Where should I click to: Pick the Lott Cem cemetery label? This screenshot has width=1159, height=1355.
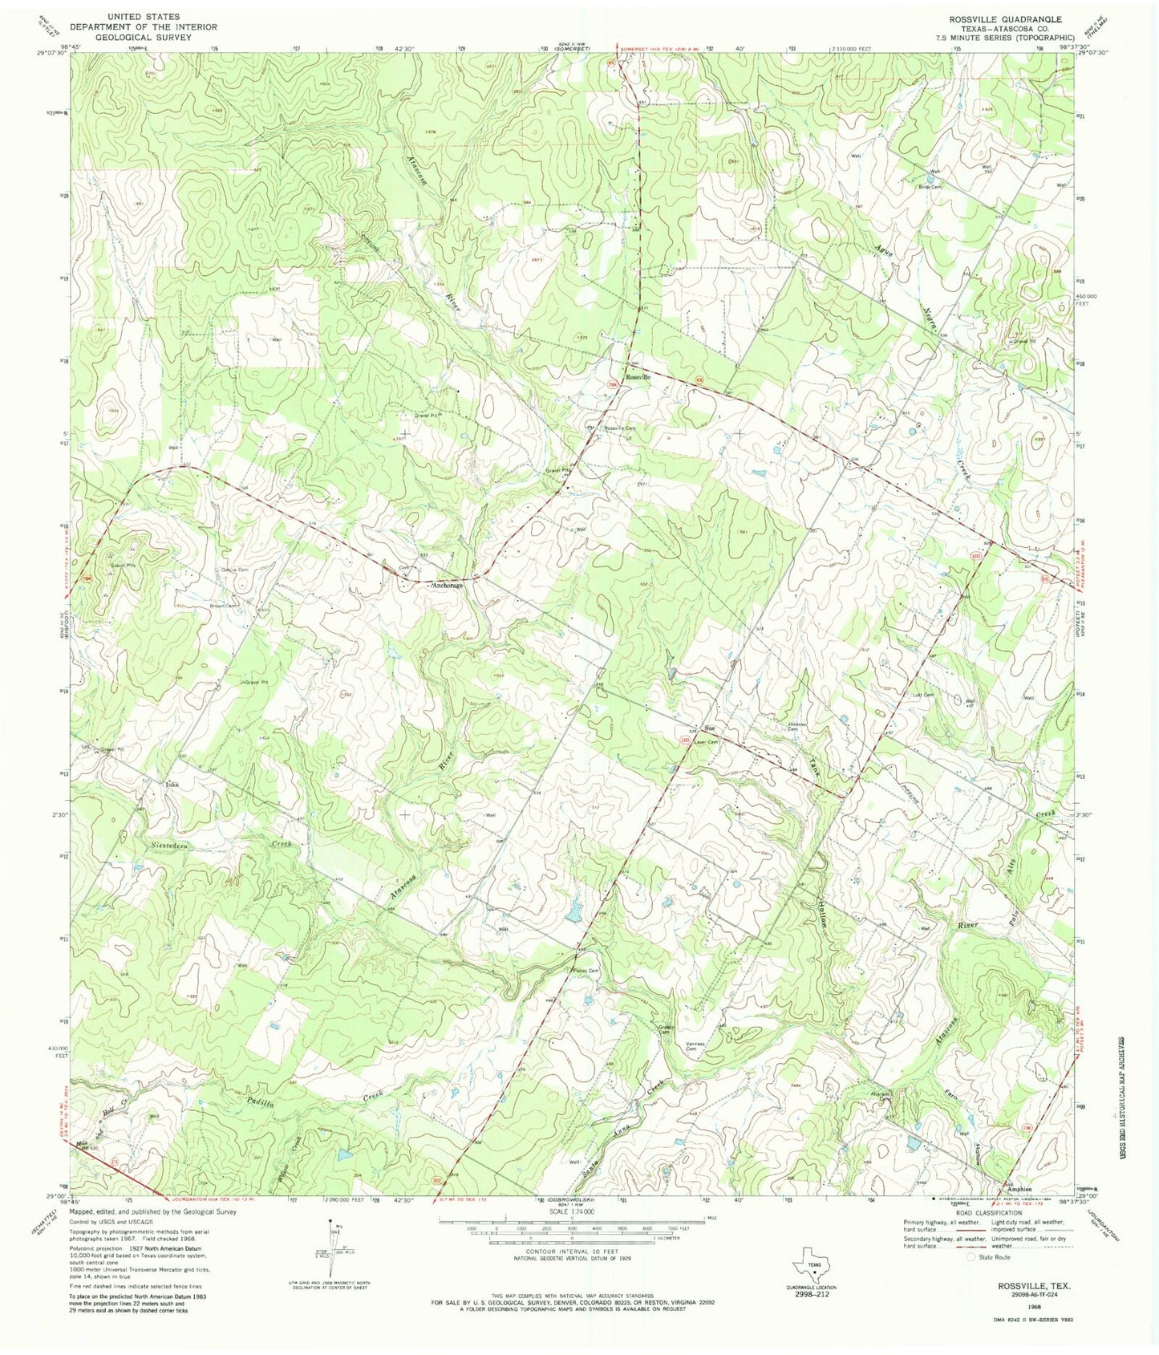click(x=924, y=695)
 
